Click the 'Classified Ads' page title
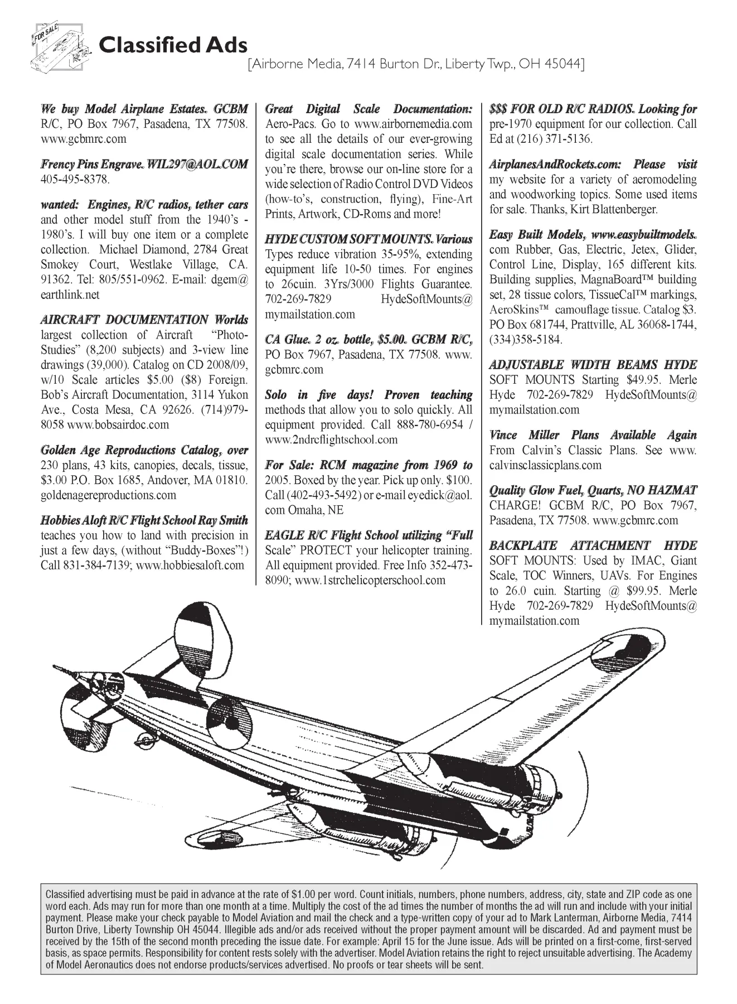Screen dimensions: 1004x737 click(x=173, y=45)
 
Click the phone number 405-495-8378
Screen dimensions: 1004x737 click(x=75, y=180)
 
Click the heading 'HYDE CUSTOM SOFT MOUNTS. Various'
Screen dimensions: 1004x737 click(x=368, y=239)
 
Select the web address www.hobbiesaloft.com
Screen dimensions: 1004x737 click(x=190, y=565)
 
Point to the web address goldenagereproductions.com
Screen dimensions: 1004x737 click(x=108, y=495)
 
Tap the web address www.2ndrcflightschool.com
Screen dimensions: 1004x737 click(x=331, y=440)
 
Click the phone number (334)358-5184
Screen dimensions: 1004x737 click(x=526, y=339)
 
